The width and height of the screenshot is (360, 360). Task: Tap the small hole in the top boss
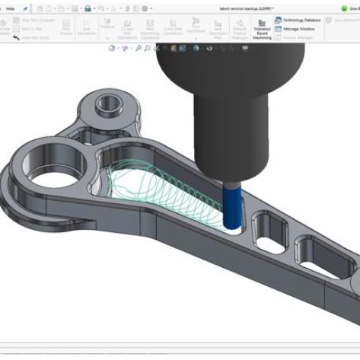pyautogui.click(x=106, y=102)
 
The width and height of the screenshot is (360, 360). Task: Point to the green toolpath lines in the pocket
pyautogui.click(x=152, y=194)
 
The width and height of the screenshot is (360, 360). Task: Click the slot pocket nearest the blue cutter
pyautogui.click(x=266, y=226)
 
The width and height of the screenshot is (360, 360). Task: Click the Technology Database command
pyautogui.click(x=303, y=20)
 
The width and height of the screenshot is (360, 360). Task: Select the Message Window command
pyautogui.click(x=298, y=28)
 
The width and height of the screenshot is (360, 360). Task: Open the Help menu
pyautogui.click(x=10, y=8)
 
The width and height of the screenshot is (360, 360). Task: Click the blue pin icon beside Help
pyautogui.click(x=25, y=8)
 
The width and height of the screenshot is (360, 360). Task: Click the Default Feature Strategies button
pyautogui.click(x=239, y=30)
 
